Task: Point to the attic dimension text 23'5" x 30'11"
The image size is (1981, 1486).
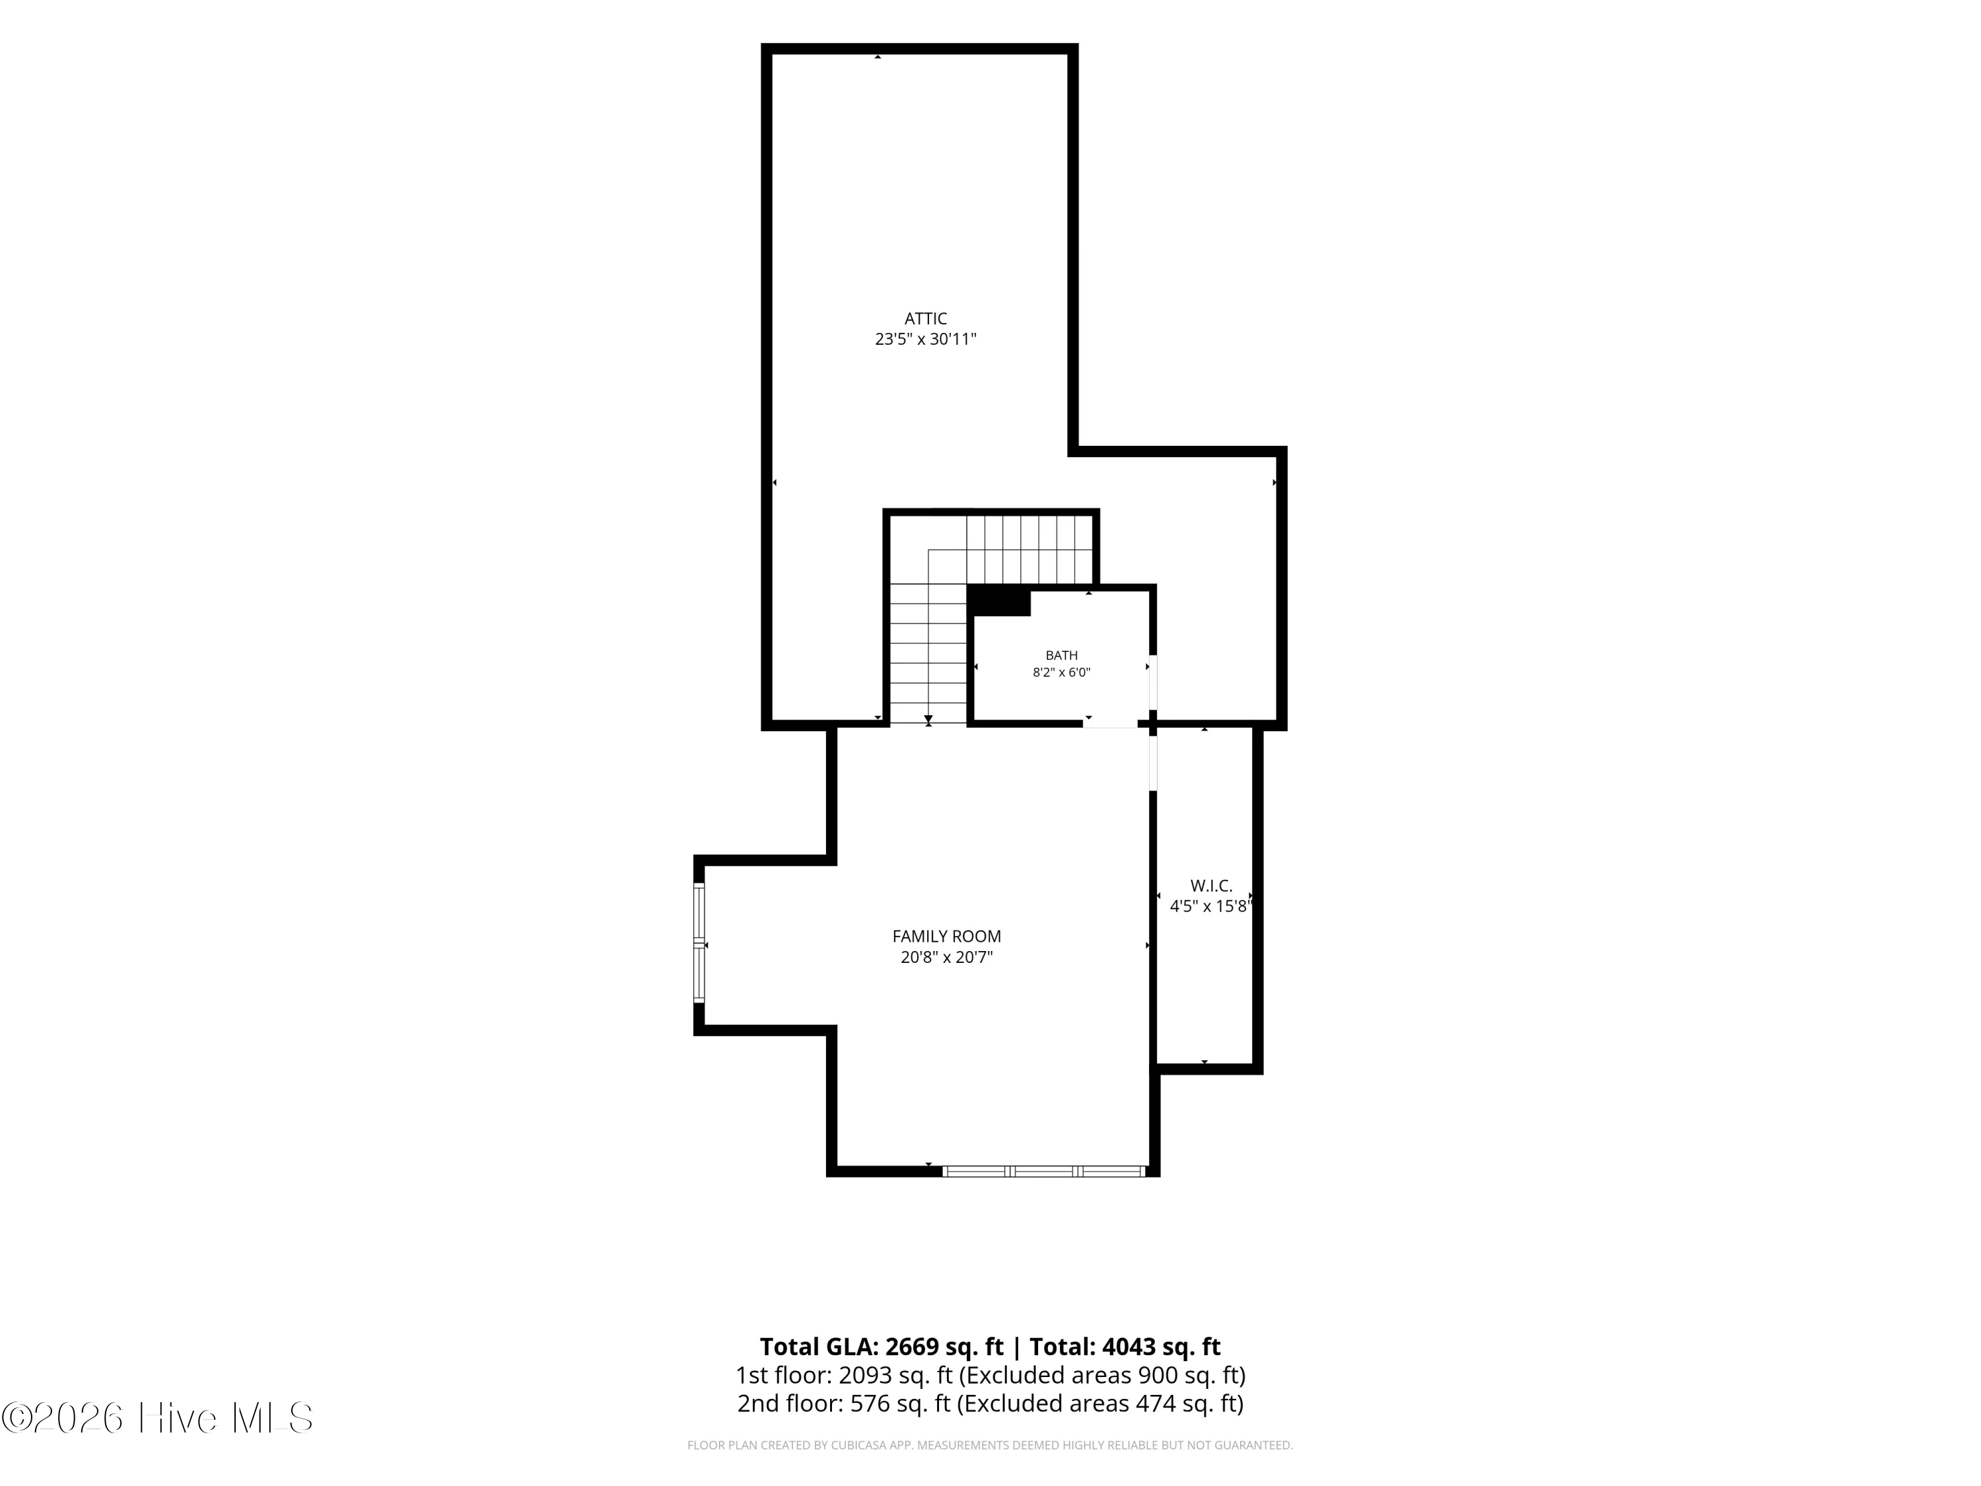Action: click(x=925, y=339)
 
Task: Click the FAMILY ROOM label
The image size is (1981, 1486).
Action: click(x=947, y=936)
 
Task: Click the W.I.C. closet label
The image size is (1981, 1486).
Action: click(x=1211, y=886)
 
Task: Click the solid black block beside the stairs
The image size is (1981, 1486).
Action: click(x=998, y=600)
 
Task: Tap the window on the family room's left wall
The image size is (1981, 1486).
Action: click(x=699, y=942)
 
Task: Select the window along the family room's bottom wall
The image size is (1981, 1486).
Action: click(x=1044, y=1171)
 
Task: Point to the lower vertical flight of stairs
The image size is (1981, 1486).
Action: click(x=928, y=653)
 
